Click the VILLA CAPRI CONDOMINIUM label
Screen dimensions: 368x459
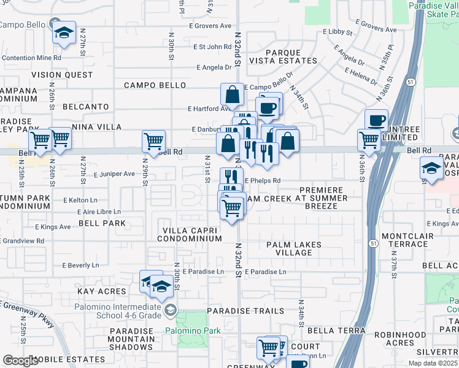[x=191, y=234]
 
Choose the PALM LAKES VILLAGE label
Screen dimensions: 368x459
[x=294, y=248]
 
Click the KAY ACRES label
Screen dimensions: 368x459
[x=101, y=291]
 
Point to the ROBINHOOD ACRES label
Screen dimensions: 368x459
[x=414, y=339]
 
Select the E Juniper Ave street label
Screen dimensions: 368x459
[x=114, y=174]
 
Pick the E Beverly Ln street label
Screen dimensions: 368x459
[x=80, y=266]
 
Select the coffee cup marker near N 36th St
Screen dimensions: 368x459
[x=376, y=120]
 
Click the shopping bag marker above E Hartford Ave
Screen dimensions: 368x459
[x=233, y=94]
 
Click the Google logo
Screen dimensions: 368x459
[x=20, y=361]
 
